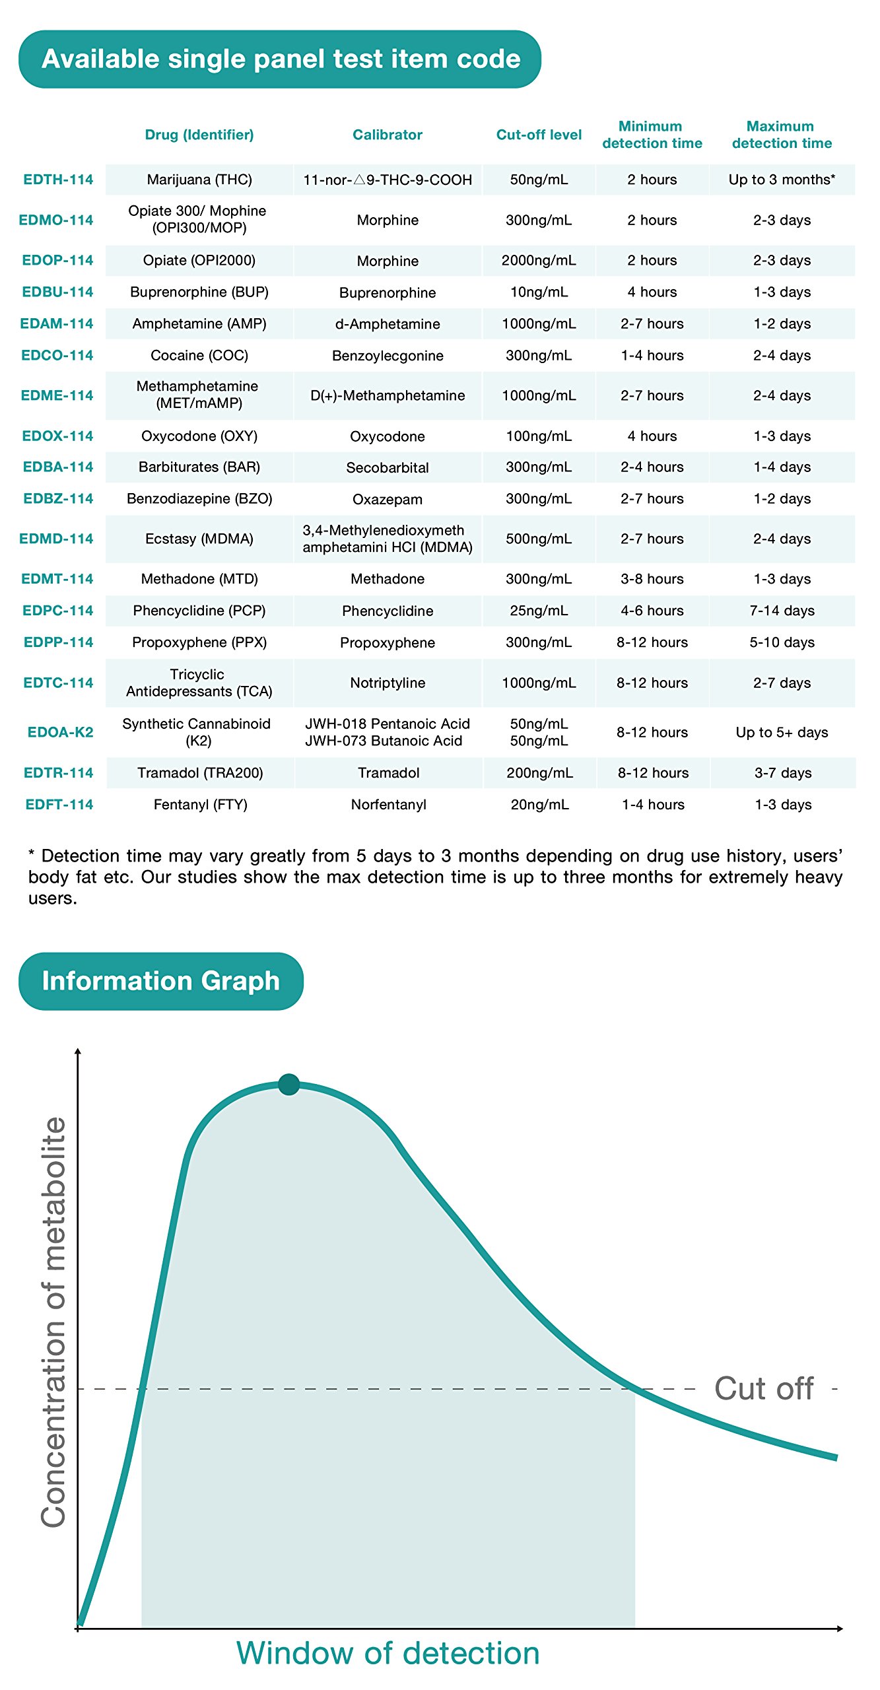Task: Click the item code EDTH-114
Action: click(x=58, y=180)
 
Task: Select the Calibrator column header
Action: click(x=388, y=135)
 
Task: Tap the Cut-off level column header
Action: click(x=539, y=135)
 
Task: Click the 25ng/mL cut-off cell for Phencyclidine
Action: click(x=539, y=611)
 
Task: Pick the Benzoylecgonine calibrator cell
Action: click(x=388, y=356)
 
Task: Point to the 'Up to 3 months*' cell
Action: click(x=782, y=180)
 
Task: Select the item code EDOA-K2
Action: click(x=60, y=732)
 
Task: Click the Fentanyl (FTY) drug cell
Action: click(x=200, y=805)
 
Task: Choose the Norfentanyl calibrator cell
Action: click(x=388, y=805)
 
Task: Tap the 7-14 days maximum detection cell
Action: click(x=782, y=611)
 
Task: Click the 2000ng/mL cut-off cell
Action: click(x=539, y=261)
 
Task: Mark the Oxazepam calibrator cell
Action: click(x=388, y=499)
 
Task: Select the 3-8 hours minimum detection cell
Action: click(x=652, y=579)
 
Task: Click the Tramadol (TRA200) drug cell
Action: click(x=200, y=773)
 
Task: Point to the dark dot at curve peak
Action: click(x=289, y=1084)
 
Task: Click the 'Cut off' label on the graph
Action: click(x=764, y=1389)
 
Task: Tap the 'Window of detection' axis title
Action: click(x=388, y=1653)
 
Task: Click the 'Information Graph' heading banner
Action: click(x=161, y=981)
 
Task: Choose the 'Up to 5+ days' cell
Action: click(x=782, y=732)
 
